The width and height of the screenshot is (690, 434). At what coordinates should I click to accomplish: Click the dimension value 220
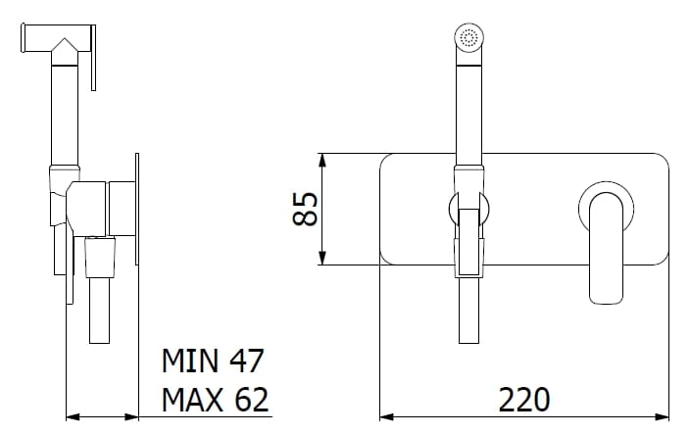click(524, 400)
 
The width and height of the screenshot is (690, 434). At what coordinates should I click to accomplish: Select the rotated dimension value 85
click(306, 209)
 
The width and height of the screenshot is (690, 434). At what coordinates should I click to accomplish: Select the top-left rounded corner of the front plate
click(385, 159)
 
